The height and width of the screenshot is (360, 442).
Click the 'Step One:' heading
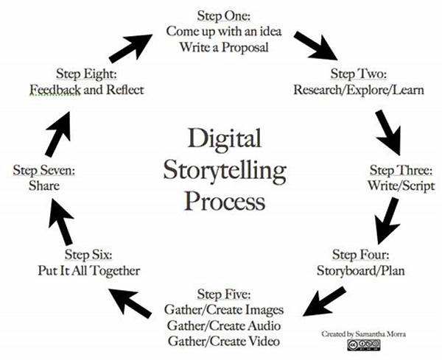click(224, 15)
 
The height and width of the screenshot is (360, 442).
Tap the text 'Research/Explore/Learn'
click(359, 90)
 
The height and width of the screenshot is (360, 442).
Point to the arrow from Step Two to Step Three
click(388, 133)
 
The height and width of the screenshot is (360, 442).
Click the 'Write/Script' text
click(401, 186)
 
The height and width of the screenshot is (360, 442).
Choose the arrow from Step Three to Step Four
click(387, 221)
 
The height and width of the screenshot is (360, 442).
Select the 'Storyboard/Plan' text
click(360, 271)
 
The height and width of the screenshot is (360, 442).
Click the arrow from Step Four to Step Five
click(324, 301)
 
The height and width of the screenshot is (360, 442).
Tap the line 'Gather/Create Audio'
click(224, 325)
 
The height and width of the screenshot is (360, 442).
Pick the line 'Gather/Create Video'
click(224, 342)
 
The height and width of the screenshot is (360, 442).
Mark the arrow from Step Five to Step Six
click(130, 303)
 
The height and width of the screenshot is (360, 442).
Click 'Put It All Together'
click(89, 271)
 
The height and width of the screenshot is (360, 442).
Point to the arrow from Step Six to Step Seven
click(61, 221)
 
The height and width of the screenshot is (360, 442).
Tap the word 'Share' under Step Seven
click(44, 186)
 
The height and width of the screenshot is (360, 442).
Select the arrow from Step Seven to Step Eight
click(57, 134)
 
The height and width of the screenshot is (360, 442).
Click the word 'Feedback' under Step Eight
click(55, 90)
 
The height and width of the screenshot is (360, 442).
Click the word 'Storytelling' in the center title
click(225, 171)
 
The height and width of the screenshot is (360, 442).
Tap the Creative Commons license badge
click(364, 345)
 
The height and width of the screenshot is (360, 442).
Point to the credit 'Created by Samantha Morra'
click(364, 334)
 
